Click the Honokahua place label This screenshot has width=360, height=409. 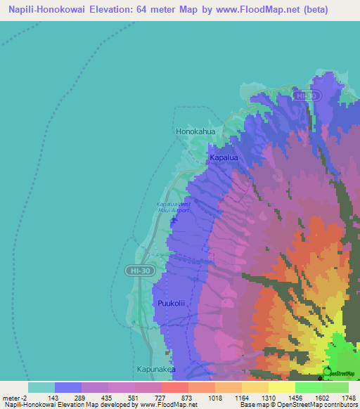coord(195,131)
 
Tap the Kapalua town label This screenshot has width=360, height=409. coord(224,159)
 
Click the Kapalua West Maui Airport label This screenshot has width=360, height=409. coord(173,207)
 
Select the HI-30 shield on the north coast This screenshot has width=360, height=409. coord(307,96)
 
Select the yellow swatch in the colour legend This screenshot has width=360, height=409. coord(281,387)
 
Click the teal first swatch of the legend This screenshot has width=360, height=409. coord(41,387)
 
